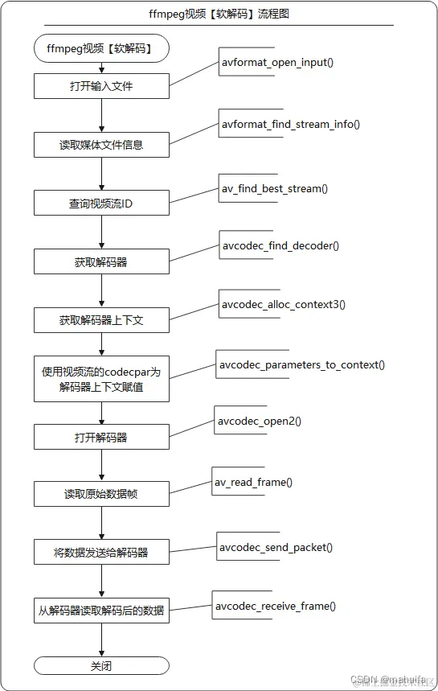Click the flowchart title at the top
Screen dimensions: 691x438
[x=219, y=13]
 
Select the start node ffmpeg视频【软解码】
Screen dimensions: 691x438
[x=101, y=48]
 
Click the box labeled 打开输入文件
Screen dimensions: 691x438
[x=101, y=86]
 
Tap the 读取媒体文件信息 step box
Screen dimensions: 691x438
[x=101, y=145]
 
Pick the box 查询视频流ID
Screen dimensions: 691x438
[x=101, y=204]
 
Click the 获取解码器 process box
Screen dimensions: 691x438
[x=101, y=261]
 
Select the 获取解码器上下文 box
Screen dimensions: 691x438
[x=101, y=320]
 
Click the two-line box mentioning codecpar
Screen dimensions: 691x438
[x=101, y=379]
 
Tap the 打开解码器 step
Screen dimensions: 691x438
[x=101, y=437]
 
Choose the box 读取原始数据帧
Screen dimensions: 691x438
[x=101, y=494]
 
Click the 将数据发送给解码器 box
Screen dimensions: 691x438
[x=101, y=553]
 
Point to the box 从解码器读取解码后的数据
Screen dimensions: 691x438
[x=101, y=611]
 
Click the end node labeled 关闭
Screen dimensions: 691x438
[x=101, y=666]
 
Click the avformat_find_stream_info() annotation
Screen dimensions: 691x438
[x=290, y=124]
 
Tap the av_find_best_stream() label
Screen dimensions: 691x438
[x=274, y=188]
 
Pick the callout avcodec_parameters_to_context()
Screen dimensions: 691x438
[x=301, y=364]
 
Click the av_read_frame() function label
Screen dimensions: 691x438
[x=252, y=482]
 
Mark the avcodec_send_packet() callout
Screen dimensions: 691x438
[x=276, y=547]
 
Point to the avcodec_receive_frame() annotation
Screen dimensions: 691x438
[x=275, y=606]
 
